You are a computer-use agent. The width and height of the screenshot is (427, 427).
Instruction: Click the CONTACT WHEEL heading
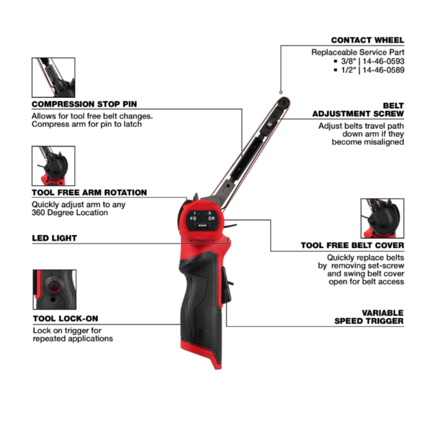coord(367,40)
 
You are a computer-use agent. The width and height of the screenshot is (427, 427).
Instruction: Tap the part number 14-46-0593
coord(383,61)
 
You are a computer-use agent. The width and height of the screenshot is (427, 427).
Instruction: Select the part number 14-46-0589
coord(383,70)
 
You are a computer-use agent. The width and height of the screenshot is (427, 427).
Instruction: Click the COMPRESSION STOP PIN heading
coord(84,104)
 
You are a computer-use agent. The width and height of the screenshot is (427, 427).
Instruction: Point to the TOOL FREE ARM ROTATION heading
coord(89,193)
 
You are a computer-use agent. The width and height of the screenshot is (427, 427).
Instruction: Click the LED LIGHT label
coord(55,238)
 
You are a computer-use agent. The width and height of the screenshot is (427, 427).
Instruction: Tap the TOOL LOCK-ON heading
coord(66,319)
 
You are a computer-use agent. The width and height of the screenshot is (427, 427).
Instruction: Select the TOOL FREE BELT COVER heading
coord(352,246)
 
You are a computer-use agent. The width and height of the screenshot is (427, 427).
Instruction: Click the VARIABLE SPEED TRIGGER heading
coord(369,317)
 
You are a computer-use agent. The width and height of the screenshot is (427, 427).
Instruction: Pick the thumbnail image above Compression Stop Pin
coord(53,77)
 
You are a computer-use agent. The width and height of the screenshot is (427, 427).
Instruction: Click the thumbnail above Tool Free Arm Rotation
coord(53,166)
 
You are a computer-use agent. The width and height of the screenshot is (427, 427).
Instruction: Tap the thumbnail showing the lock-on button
coord(55,289)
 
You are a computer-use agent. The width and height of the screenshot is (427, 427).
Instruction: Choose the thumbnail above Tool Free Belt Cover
coord(382,218)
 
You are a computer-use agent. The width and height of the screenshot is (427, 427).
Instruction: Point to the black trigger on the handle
coord(226,287)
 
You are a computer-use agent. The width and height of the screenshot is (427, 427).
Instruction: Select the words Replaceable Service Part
coord(358,52)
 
